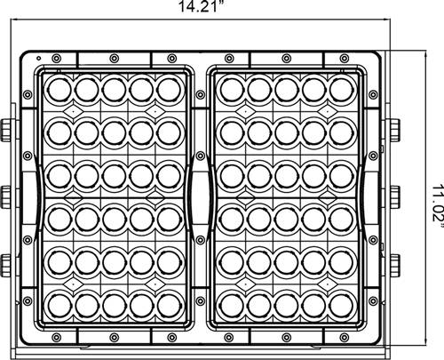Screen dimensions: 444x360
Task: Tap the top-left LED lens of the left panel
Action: (x=59, y=90)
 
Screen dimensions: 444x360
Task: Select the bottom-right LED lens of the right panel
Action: (x=341, y=306)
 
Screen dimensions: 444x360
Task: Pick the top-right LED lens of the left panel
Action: (x=169, y=89)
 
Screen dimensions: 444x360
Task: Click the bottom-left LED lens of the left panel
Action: (x=59, y=306)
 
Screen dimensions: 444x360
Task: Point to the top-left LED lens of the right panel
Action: (x=232, y=90)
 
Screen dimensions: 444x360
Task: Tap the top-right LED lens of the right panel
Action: (x=341, y=89)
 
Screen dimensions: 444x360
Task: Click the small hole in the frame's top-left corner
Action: (x=38, y=58)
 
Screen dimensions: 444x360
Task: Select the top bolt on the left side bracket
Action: (x=5, y=131)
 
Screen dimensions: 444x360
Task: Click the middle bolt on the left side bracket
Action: (x=5, y=197)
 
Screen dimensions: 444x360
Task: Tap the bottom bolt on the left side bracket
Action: (x=5, y=266)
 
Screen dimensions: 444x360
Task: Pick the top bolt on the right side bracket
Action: (x=394, y=131)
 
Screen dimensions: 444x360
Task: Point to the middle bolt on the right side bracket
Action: (x=394, y=197)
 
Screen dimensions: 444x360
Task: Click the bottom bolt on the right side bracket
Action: (x=394, y=266)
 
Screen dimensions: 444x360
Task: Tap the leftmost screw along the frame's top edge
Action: (x=56, y=59)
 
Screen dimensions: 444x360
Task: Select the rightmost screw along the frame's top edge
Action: (x=344, y=59)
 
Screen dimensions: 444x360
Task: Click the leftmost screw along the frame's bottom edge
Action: (x=56, y=337)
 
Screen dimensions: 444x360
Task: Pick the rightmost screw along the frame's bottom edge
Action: (x=344, y=337)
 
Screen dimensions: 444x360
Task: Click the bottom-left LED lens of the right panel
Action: (x=232, y=306)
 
